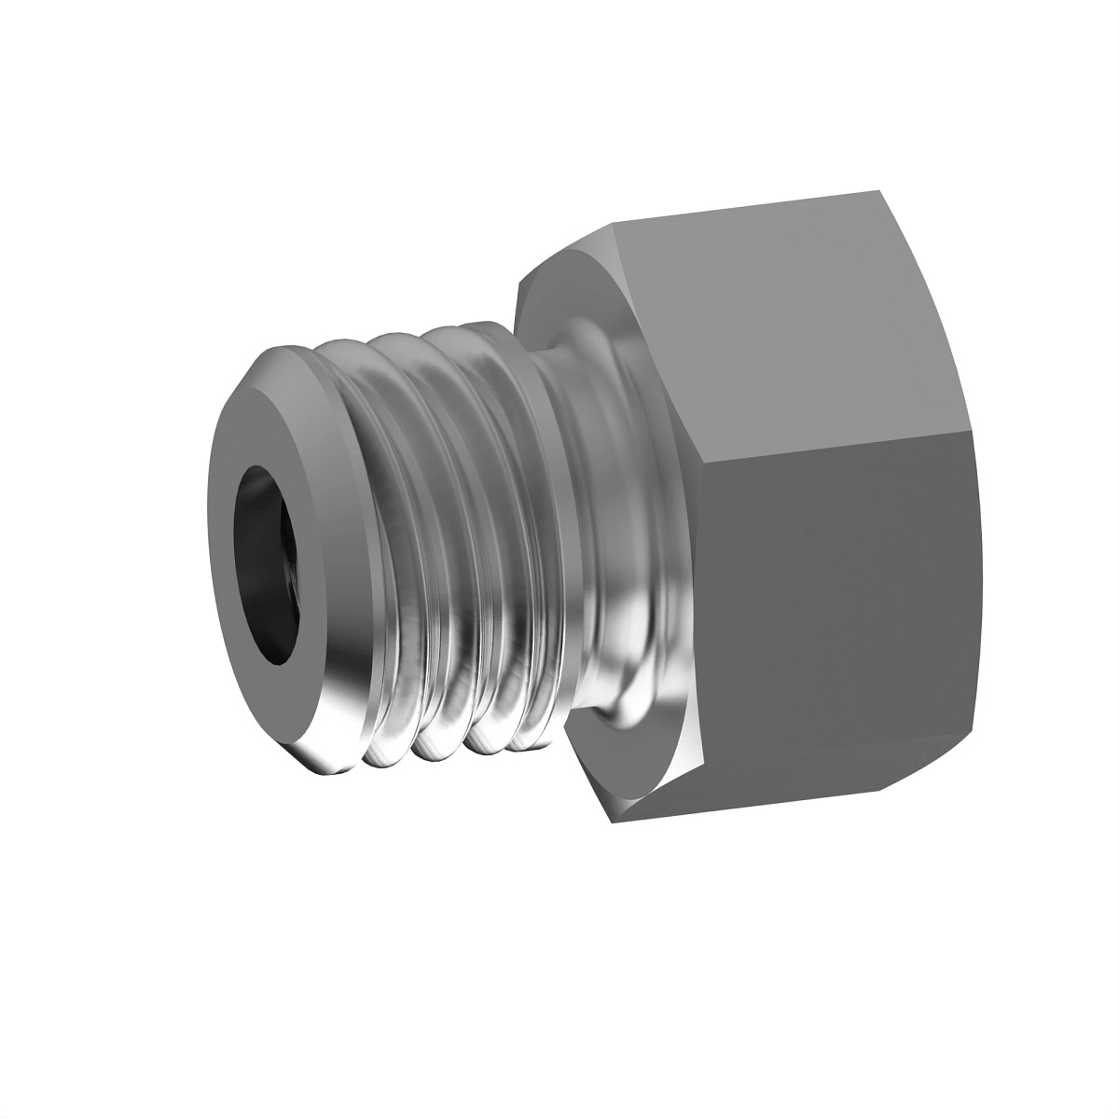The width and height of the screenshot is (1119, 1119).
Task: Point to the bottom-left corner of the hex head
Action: [x=611, y=822]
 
